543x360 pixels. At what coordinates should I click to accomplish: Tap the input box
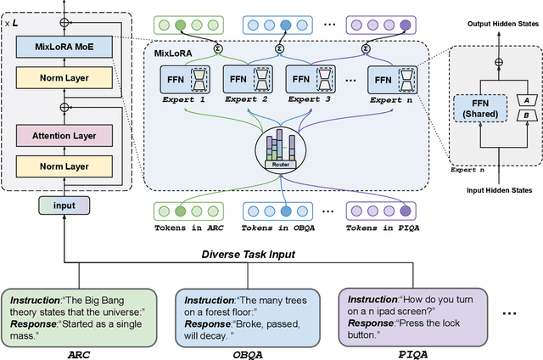tap(64, 205)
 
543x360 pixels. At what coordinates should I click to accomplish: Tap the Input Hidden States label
tap(495, 189)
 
